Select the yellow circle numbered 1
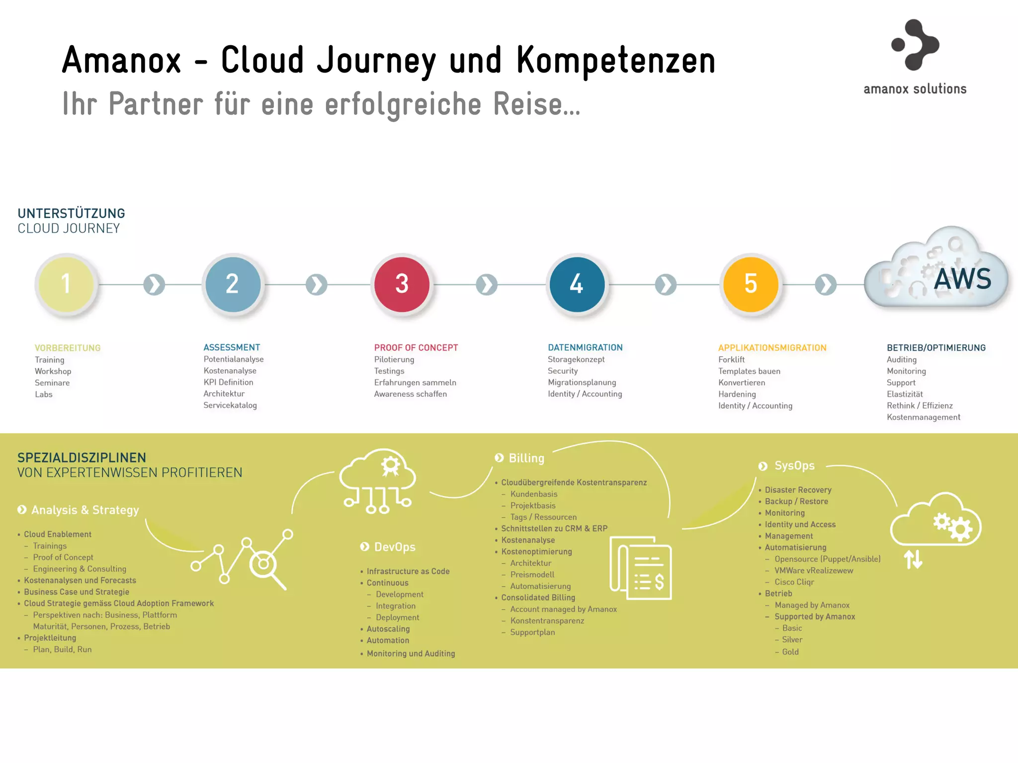66,284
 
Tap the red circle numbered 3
402,284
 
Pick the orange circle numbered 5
751,284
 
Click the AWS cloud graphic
937,271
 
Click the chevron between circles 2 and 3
317,285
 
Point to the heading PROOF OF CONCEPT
416,348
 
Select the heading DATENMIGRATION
585,348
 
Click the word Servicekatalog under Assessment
230,405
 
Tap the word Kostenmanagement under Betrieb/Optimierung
923,417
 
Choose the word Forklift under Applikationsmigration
731,360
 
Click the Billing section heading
526,458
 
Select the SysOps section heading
794,466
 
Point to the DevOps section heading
394,547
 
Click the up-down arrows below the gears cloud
913,560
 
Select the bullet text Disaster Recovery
798,490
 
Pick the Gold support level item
790,652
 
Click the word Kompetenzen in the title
615,61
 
